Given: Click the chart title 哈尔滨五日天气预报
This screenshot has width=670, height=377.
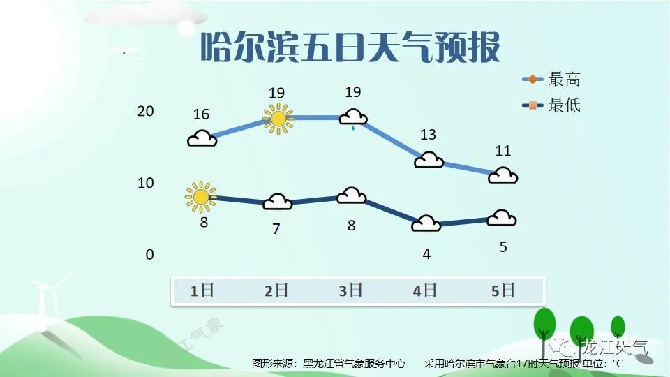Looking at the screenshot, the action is (350, 47).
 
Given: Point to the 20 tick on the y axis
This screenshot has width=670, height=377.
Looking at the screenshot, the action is (145, 111).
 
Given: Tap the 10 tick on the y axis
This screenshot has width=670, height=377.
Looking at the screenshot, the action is (145, 183).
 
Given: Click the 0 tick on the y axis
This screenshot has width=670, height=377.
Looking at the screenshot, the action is (149, 255).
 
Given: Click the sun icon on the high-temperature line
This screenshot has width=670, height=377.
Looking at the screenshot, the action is (278, 119).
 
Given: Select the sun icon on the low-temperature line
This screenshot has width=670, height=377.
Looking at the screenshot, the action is (200, 197).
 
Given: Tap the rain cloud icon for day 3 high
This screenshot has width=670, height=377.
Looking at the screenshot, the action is (353, 119).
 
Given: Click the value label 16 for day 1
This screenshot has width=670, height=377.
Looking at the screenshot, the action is (201, 114).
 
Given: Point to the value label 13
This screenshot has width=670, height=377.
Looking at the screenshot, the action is (428, 135).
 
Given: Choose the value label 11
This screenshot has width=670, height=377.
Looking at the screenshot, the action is (503, 151).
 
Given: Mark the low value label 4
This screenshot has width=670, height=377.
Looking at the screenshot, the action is (426, 254).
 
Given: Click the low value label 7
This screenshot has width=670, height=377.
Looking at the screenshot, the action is (276, 229).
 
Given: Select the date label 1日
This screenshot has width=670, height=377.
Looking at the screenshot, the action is (202, 291).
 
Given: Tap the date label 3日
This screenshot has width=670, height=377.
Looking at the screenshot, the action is (350, 291).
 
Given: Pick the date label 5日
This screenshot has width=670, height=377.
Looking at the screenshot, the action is (502, 291).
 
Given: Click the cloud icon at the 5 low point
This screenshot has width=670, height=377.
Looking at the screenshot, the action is (502, 219).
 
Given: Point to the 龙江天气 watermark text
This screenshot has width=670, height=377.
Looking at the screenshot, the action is (616, 348).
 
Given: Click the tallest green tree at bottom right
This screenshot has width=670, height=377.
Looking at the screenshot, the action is (544, 324).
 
